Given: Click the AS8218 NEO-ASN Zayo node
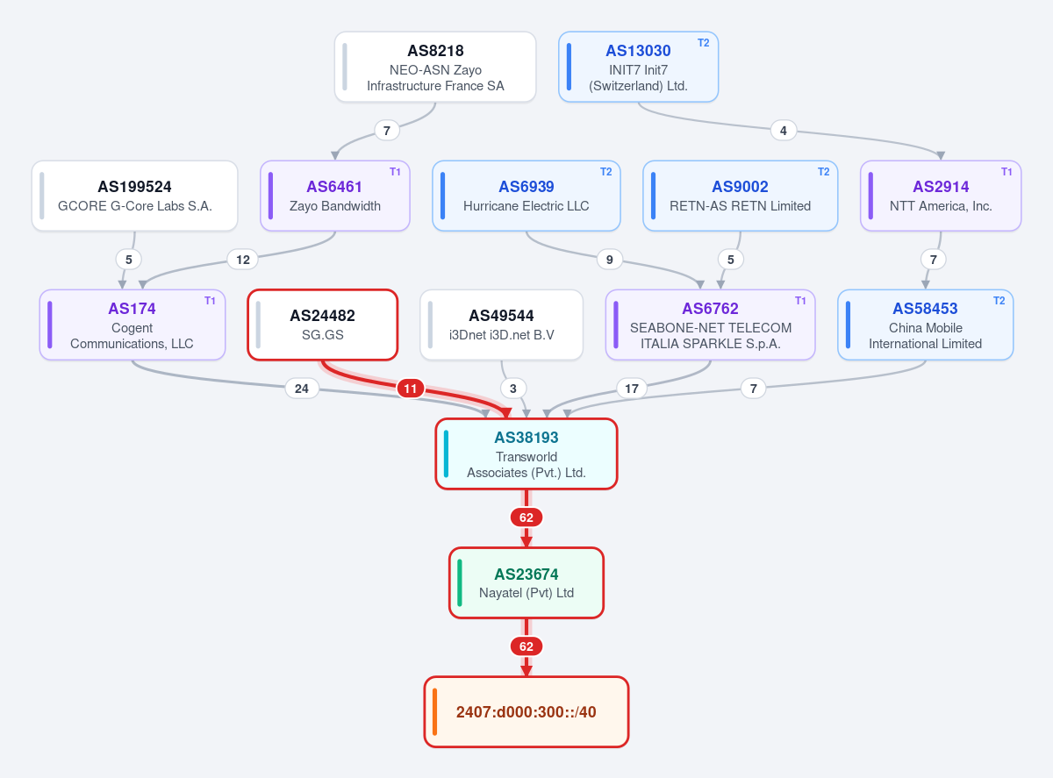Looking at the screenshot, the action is [435, 67].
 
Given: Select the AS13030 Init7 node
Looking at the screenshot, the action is [638, 67].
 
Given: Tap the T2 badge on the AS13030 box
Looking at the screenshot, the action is [703, 43].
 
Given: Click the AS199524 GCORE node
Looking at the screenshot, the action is [135, 196].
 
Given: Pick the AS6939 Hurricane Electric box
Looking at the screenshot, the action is [526, 196].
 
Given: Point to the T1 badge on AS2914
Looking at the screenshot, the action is [1006, 172].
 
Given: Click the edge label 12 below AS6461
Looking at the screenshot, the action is [242, 260].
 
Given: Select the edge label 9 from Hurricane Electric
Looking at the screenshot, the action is [610, 260].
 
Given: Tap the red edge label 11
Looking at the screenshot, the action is [410, 389].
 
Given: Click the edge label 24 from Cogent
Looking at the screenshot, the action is [302, 389].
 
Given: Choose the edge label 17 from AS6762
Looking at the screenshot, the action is [632, 389].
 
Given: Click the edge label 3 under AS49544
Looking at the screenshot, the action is [513, 389].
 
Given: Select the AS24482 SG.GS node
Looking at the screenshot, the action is [322, 325].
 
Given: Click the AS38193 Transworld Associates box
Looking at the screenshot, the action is [526, 454].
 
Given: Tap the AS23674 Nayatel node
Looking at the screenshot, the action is [526, 583].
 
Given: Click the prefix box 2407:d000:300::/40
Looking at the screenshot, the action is [526, 712].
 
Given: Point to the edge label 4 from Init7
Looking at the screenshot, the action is [784, 131].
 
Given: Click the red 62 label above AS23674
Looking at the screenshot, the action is [526, 517].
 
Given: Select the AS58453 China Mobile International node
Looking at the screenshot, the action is [925, 325].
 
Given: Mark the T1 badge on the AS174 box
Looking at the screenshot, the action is [210, 301].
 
